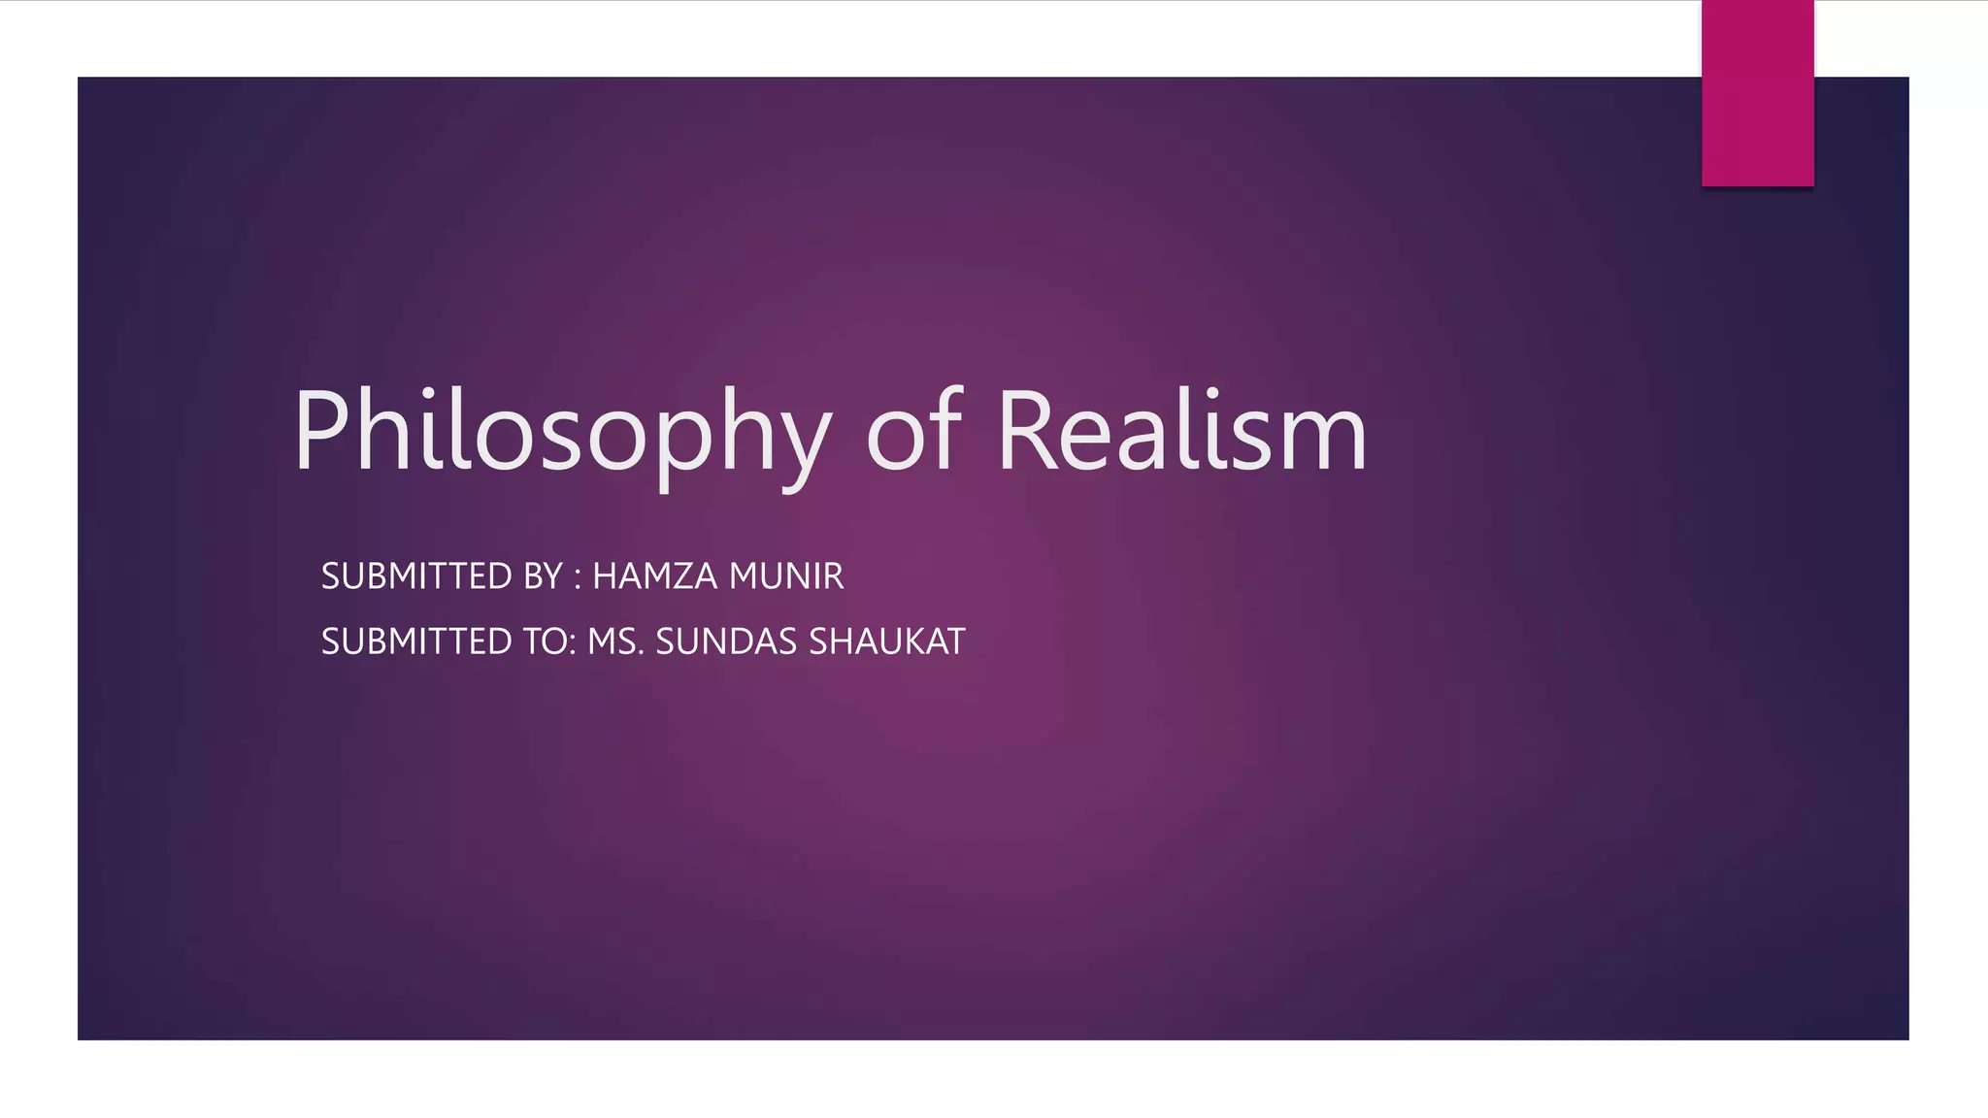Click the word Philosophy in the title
click(561, 432)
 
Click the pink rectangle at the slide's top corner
click(1757, 93)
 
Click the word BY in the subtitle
click(543, 576)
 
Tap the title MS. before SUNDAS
click(614, 641)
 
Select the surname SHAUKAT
click(886, 641)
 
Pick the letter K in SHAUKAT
click(913, 641)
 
